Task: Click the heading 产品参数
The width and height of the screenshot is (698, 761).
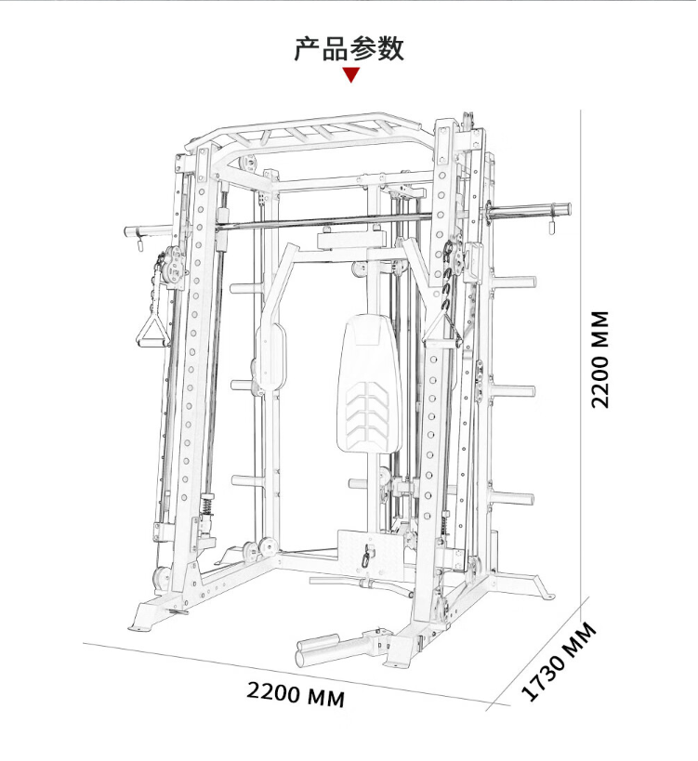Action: (349, 48)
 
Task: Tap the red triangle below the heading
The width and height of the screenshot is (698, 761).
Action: (351, 75)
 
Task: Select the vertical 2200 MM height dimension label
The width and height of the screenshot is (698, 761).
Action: (600, 360)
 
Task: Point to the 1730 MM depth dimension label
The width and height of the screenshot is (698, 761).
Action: (559, 661)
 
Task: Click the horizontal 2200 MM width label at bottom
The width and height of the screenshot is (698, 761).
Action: (296, 694)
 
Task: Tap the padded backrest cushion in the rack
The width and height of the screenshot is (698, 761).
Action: (369, 384)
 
